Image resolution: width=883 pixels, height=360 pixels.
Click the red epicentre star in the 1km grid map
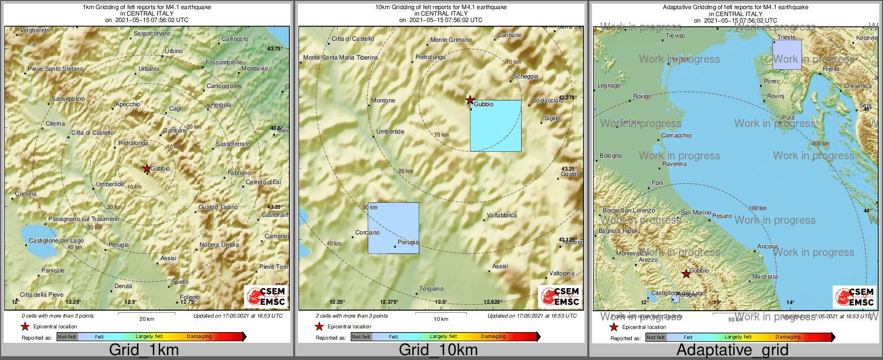(x=147, y=168)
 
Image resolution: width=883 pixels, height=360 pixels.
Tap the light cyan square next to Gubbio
(x=495, y=126)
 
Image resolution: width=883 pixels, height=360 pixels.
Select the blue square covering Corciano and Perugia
(x=393, y=228)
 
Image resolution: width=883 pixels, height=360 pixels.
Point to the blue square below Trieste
(x=787, y=55)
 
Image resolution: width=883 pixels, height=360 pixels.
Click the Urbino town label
(x=173, y=52)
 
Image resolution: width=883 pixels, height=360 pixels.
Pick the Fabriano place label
(x=239, y=173)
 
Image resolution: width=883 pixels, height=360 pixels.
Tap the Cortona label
(x=26, y=194)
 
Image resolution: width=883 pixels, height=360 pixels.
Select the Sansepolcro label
(x=68, y=99)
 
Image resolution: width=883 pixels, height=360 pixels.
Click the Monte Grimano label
(x=451, y=40)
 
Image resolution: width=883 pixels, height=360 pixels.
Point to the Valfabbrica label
(x=501, y=216)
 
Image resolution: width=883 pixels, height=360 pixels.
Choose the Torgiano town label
(x=432, y=289)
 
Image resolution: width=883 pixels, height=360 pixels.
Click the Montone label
(x=383, y=101)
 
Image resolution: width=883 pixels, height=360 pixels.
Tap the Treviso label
(x=675, y=36)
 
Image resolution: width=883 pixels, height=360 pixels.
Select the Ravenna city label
(x=674, y=164)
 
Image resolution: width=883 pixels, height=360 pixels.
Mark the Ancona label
(x=767, y=247)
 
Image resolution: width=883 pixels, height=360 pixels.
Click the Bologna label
(x=610, y=156)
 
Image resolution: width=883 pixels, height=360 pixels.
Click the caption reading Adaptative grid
(x=732, y=350)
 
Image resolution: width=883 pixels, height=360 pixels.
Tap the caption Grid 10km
(x=438, y=350)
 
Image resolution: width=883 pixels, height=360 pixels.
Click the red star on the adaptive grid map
(x=686, y=274)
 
